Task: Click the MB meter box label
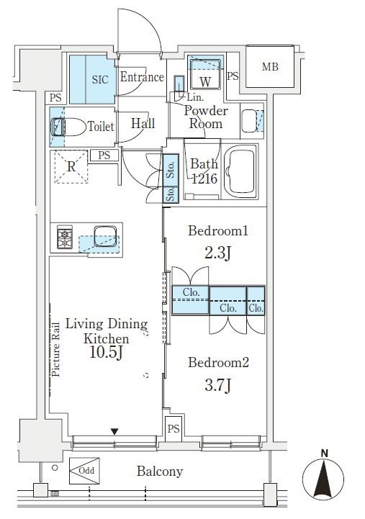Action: (271, 67)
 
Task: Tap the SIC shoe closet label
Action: (100, 79)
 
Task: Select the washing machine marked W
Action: (205, 74)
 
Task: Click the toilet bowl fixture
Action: (68, 127)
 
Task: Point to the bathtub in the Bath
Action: (240, 171)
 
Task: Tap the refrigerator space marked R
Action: (71, 166)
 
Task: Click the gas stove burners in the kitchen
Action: (65, 237)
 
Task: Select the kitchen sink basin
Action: (105, 236)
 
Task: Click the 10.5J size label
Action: (107, 353)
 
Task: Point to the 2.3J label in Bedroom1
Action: (217, 253)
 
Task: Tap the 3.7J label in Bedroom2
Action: (217, 385)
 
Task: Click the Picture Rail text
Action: (55, 350)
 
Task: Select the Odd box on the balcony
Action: (84, 471)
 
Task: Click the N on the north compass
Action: (324, 453)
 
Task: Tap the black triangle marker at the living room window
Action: (114, 432)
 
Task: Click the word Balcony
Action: (160, 471)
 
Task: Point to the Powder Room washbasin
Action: (249, 121)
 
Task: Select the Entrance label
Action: (142, 77)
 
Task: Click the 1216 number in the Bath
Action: (204, 179)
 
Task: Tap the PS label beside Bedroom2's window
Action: (174, 429)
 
